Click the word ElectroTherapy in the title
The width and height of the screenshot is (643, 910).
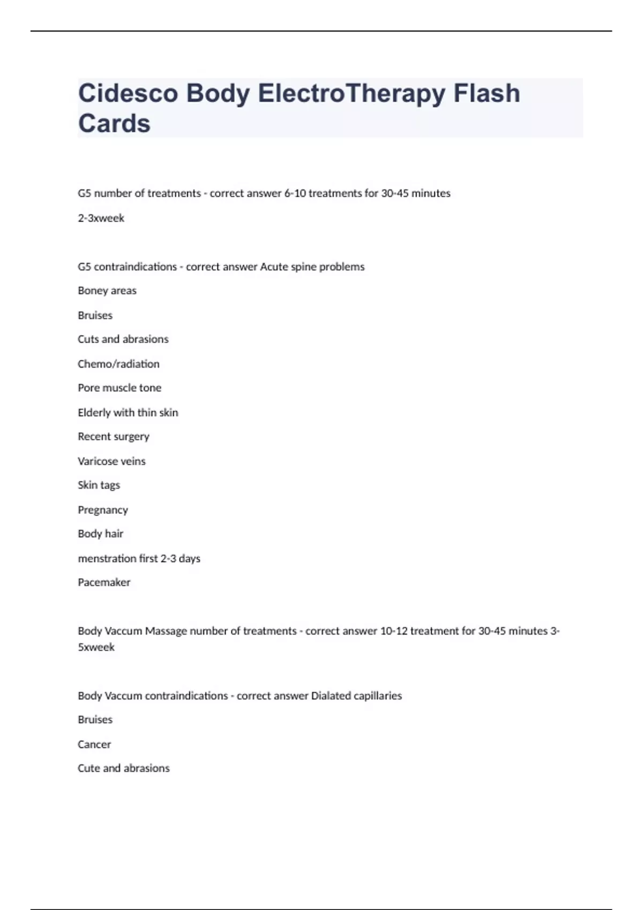point(351,94)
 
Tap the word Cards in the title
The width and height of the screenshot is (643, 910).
point(114,124)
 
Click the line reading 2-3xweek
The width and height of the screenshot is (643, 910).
point(101,218)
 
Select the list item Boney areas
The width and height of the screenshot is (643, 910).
point(107,291)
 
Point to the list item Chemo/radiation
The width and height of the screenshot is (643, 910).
point(118,364)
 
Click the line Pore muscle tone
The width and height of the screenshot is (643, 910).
point(119,388)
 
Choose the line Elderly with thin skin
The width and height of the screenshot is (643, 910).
point(128,413)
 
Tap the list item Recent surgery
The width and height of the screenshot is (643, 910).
point(114,437)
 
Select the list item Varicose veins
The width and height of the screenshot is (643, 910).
point(111,461)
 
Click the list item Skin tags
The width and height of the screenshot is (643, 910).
point(99,486)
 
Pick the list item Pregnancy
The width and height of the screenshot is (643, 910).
point(103,510)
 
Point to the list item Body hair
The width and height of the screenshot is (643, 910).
point(100,534)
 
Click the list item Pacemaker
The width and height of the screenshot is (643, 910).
point(104,582)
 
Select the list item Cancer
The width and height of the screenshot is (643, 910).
point(94,745)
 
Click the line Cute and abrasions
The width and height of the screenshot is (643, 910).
point(123,768)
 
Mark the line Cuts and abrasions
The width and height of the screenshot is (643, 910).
point(123,339)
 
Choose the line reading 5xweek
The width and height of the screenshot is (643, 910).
point(96,647)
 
